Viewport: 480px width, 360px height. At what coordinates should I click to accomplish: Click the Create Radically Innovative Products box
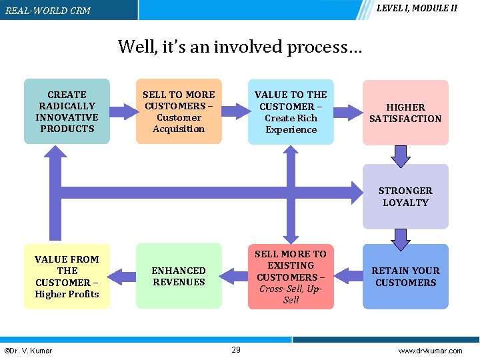(x=67, y=111)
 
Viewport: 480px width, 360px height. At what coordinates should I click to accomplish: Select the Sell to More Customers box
(x=179, y=111)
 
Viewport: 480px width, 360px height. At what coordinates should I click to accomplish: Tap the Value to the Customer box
(x=291, y=112)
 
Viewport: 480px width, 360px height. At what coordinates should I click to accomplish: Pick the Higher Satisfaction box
(x=405, y=113)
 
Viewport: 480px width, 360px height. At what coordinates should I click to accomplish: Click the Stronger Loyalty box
(x=405, y=196)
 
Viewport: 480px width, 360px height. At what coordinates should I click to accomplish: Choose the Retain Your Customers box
(x=405, y=276)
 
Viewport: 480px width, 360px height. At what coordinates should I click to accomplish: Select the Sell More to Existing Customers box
(x=291, y=276)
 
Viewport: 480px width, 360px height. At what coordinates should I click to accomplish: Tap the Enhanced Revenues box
(x=179, y=276)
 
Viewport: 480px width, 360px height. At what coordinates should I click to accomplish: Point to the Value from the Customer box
(x=67, y=276)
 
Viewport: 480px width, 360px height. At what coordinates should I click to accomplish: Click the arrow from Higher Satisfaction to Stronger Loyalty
(x=400, y=155)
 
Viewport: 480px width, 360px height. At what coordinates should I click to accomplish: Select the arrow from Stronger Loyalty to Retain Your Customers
(x=400, y=238)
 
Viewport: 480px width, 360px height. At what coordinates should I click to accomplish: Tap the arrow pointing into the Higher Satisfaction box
(x=347, y=112)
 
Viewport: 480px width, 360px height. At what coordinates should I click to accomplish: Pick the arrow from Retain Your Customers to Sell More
(x=348, y=273)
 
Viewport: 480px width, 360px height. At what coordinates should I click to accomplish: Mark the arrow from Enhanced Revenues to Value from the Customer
(x=122, y=273)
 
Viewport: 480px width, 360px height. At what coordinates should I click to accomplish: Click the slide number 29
(x=236, y=350)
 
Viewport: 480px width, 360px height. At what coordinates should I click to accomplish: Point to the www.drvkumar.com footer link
(x=429, y=351)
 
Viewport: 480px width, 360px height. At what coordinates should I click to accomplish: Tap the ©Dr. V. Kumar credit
(x=28, y=351)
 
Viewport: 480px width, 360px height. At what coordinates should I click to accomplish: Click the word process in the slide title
(x=323, y=47)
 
